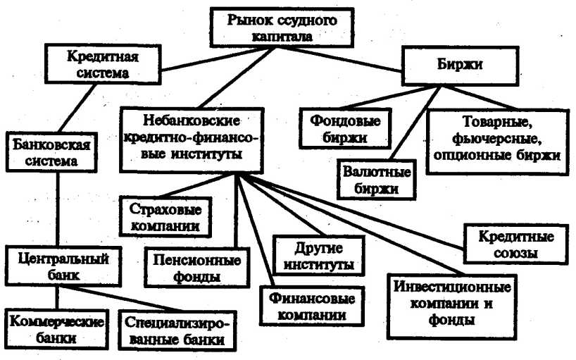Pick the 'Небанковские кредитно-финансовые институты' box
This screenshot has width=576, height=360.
tap(192, 138)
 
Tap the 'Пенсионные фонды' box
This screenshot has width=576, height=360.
tap(197, 267)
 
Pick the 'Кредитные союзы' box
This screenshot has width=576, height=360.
tap(518, 243)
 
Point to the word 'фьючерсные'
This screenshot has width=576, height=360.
tap(496, 137)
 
